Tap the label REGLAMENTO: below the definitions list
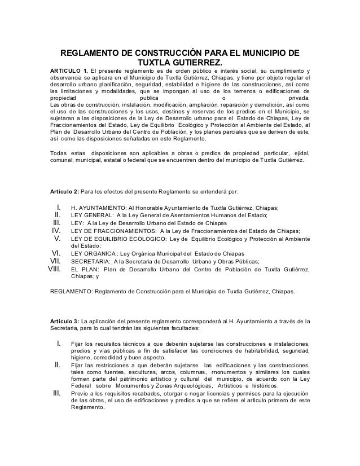click(72, 292)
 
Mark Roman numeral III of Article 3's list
click(56, 393)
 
